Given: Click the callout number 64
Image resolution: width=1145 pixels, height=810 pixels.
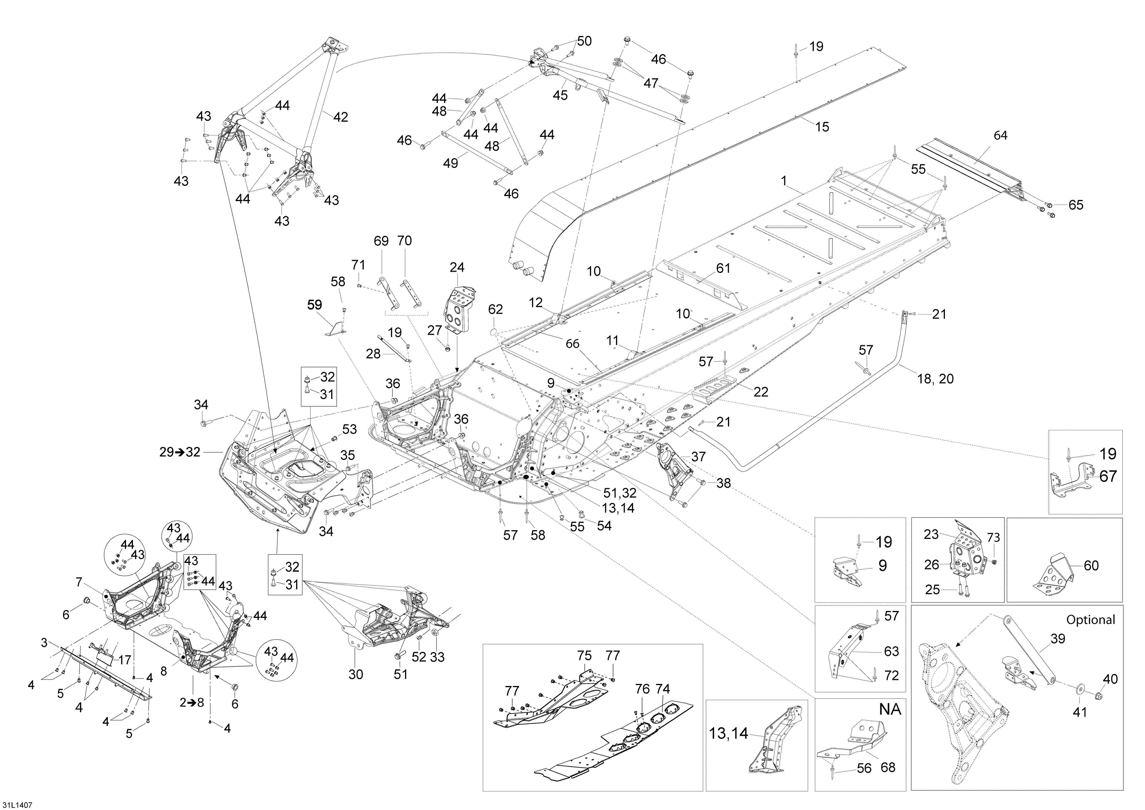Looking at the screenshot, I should [x=1000, y=135].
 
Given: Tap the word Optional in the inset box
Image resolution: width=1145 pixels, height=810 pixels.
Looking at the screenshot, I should [x=1091, y=620].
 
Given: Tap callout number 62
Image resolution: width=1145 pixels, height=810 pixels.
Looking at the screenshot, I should [x=495, y=309].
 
